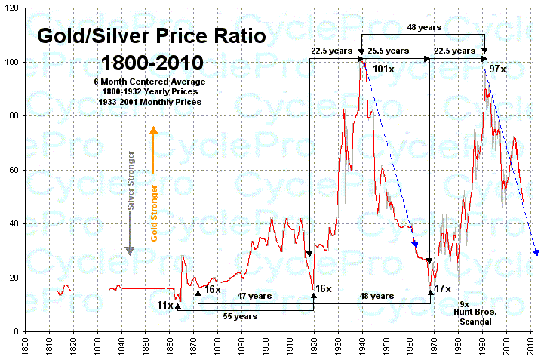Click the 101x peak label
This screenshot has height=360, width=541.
384,70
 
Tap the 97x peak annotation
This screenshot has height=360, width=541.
497,69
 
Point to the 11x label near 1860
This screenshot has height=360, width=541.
164,305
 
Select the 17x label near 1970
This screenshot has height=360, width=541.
443,288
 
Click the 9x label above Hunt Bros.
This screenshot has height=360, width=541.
463,303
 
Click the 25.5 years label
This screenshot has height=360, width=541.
389,51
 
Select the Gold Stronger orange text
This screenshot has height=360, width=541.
154,213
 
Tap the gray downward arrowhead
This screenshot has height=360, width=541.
130,250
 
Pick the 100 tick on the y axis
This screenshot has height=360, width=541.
13,62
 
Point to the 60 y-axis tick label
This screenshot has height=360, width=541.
15,170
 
